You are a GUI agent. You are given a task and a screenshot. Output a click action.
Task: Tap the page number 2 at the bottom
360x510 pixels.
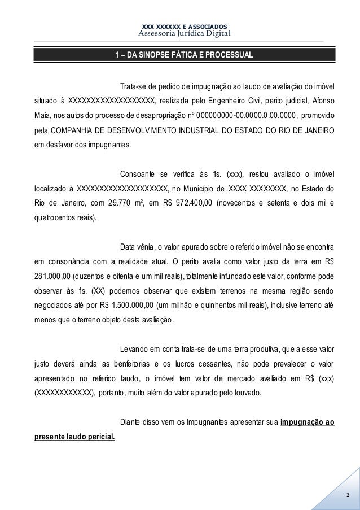pos(348,496)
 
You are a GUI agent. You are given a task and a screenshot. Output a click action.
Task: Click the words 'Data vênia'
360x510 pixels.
pos(132,247)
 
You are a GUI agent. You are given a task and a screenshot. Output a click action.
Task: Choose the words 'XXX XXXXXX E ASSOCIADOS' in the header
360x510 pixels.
pos(185,26)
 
